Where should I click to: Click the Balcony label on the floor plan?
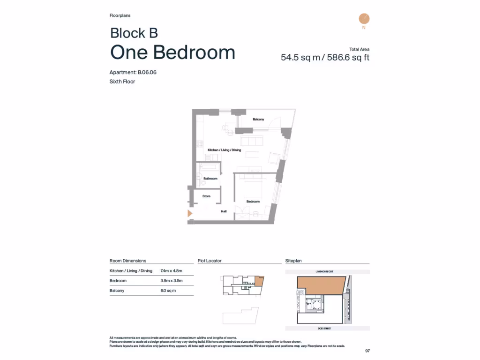point(258,120)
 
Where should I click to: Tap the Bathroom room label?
point(210,179)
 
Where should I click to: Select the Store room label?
point(206,196)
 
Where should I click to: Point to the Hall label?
point(224,211)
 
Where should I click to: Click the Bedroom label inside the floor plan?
point(253,202)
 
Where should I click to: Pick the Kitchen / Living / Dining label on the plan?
point(225,150)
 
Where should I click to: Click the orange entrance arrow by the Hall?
point(190,214)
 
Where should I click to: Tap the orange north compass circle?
point(364,19)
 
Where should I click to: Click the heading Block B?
point(134,33)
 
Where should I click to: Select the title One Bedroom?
point(172,52)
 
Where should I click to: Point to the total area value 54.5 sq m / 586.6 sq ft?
point(325,58)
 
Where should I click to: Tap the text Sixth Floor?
point(122,82)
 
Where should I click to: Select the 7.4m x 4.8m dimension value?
point(171,271)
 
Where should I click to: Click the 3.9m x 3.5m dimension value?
point(171,281)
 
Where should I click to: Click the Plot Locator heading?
point(210,261)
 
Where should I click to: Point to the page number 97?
point(367,351)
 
